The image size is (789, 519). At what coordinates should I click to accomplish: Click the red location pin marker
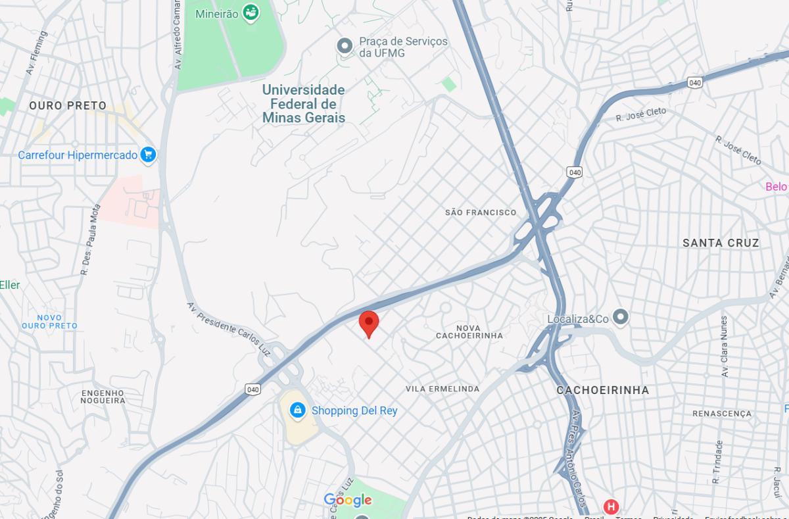click(x=369, y=322)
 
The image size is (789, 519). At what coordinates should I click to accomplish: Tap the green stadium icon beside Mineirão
click(x=251, y=12)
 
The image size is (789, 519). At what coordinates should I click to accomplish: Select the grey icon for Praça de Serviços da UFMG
click(x=345, y=46)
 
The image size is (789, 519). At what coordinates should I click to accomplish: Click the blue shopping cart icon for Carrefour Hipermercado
click(x=149, y=155)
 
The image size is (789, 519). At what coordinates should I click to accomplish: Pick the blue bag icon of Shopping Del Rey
click(x=298, y=410)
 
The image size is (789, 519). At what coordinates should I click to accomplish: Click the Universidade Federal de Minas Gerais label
click(x=303, y=104)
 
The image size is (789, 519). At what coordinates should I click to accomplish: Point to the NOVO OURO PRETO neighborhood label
click(x=49, y=322)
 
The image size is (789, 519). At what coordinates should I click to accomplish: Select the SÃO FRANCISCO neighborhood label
click(x=481, y=212)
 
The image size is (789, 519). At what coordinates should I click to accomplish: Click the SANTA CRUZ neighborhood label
click(x=721, y=243)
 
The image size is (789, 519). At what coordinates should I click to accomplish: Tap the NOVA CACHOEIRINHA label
click(x=469, y=332)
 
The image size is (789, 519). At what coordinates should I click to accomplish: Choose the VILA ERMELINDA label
click(x=442, y=389)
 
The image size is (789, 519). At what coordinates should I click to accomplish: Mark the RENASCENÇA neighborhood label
click(x=721, y=414)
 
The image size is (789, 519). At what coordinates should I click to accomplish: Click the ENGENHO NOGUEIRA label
click(x=103, y=397)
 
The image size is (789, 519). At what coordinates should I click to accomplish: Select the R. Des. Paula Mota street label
click(x=91, y=239)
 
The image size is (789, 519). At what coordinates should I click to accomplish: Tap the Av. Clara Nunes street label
click(x=724, y=347)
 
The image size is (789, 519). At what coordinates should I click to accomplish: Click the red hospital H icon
click(x=611, y=507)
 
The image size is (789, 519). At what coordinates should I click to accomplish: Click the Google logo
click(x=348, y=501)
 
